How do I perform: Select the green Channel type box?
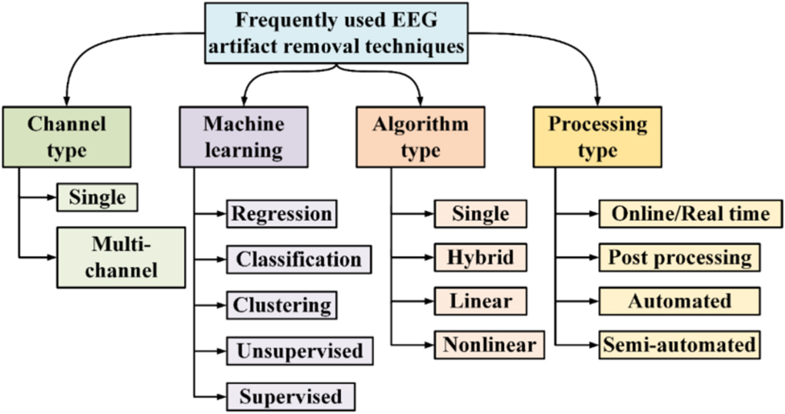coord(66,136)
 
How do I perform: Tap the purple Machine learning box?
coord(243,136)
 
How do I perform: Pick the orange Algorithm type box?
coord(420,136)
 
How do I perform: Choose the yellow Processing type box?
coord(597,136)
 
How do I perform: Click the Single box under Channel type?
coord(97,197)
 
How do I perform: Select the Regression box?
coord(282,213)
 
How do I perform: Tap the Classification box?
coord(299,259)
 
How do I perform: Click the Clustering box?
coord(282,304)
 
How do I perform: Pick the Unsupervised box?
coord(299,351)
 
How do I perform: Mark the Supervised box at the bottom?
coord(290,396)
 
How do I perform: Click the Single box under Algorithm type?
coord(480,213)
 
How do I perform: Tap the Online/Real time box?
coord(680,213)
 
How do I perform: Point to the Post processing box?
coord(680,256)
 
